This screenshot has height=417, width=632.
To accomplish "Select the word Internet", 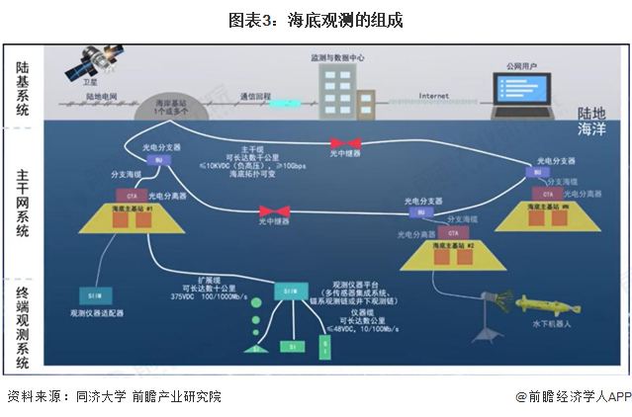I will (x=433, y=96).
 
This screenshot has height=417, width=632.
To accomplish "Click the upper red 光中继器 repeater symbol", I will (x=345, y=143).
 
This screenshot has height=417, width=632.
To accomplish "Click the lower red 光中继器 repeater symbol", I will (x=273, y=210).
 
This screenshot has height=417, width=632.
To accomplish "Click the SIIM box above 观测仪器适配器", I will (x=92, y=294).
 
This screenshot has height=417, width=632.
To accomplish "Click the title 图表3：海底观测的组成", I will (x=316, y=20).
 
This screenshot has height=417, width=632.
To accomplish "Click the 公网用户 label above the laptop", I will (x=521, y=66).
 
